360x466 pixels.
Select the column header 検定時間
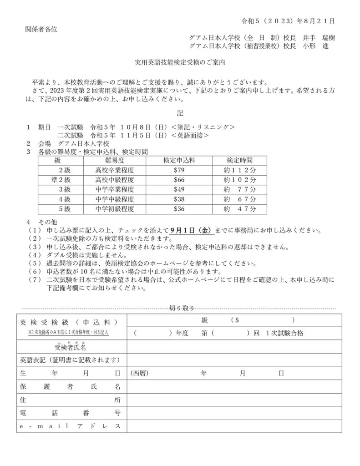pos(240,161)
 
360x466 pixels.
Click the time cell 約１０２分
pos(240,180)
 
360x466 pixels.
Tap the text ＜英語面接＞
pos(190,135)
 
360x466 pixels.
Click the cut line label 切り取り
pos(182,308)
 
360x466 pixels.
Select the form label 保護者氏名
pos(71,387)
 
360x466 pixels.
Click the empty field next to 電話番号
pos(234,413)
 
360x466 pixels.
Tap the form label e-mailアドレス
pos(71,426)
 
